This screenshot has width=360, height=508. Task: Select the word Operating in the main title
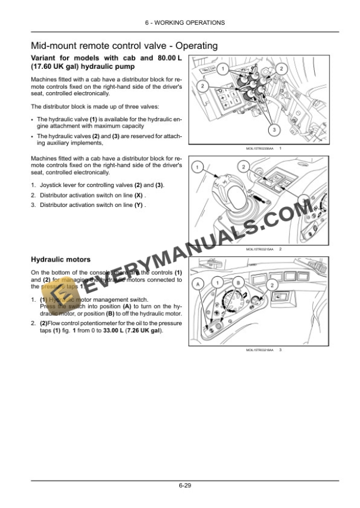tap(192, 45)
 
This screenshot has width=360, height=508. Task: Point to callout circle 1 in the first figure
tap(222, 69)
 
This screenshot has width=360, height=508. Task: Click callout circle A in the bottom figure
tap(199, 284)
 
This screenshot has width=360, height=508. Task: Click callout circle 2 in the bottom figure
tap(272, 285)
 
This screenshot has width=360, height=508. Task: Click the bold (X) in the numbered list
tap(139, 195)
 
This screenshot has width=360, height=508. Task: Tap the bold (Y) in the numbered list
tap(139, 205)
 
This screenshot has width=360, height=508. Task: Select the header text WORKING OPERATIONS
tap(193, 22)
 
